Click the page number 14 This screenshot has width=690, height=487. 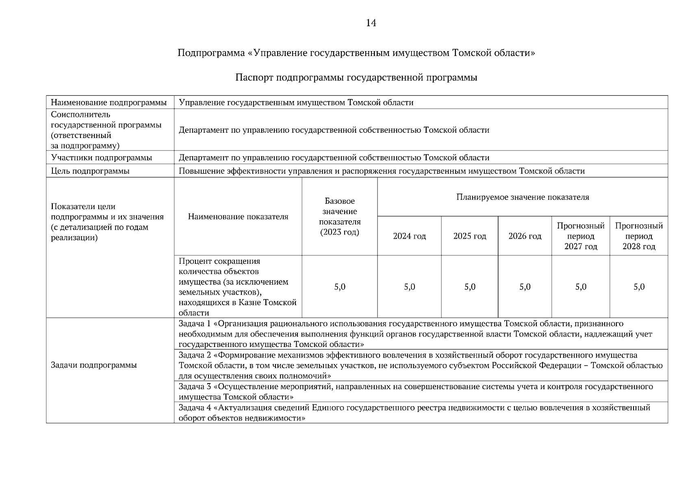pyautogui.click(x=371, y=23)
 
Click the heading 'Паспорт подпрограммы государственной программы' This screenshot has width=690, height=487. pyautogui.click(x=356, y=78)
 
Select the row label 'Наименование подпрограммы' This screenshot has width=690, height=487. pyautogui.click(x=108, y=103)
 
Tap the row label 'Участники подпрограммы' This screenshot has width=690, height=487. pyautogui.click(x=102, y=157)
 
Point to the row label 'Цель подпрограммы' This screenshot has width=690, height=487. pyautogui.click(x=90, y=171)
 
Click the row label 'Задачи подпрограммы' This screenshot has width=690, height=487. pyautogui.click(x=94, y=365)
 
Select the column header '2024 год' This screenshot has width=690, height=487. pyautogui.click(x=409, y=236)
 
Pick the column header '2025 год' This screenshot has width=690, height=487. pyautogui.click(x=470, y=236)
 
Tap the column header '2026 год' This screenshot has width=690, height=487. pyautogui.click(x=525, y=236)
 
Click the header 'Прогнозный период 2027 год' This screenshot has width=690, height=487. pyautogui.click(x=581, y=236)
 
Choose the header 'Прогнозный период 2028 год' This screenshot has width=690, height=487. pyautogui.click(x=639, y=236)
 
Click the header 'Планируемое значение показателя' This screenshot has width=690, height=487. pyautogui.click(x=523, y=197)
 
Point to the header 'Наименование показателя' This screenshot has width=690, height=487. pyautogui.click(x=238, y=217)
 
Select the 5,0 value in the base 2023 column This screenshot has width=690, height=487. pyautogui.click(x=340, y=287)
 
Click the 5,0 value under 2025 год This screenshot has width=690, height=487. pyautogui.click(x=470, y=287)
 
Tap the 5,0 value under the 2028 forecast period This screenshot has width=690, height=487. pyautogui.click(x=639, y=287)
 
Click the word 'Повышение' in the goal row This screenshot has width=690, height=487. pyautogui.click(x=198, y=171)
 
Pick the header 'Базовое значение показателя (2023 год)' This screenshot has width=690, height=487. pyautogui.click(x=340, y=217)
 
